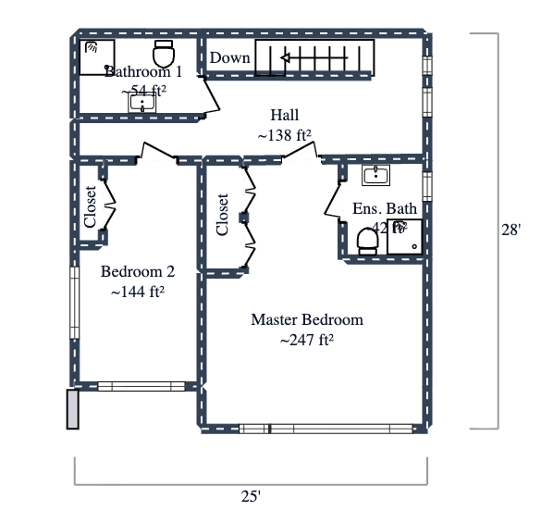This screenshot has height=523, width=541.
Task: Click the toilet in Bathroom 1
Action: [x=164, y=53]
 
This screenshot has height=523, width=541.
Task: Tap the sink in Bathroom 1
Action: [x=142, y=103]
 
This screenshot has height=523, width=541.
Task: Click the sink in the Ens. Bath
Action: [x=375, y=176]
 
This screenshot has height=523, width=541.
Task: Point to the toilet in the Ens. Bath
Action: [x=367, y=240]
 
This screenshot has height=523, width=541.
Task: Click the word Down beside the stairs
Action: [x=229, y=58]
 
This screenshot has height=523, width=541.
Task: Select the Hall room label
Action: [x=284, y=115]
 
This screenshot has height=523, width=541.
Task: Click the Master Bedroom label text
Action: [x=307, y=320]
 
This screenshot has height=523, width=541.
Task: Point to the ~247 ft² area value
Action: [x=307, y=341]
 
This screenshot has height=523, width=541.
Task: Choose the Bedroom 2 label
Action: [x=137, y=272]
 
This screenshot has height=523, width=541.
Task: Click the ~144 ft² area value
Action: [x=137, y=293]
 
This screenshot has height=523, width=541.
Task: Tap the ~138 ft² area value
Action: [x=284, y=135]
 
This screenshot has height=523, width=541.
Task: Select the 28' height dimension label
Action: [x=510, y=230]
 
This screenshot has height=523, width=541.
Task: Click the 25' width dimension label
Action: [x=250, y=496]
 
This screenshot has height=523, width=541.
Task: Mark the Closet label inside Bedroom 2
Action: [x=90, y=207]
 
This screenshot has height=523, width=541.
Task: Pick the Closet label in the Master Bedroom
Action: [x=222, y=215]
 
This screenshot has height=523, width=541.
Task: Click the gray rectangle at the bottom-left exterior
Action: [x=73, y=408]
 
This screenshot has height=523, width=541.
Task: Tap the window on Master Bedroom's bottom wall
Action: [x=326, y=429]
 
